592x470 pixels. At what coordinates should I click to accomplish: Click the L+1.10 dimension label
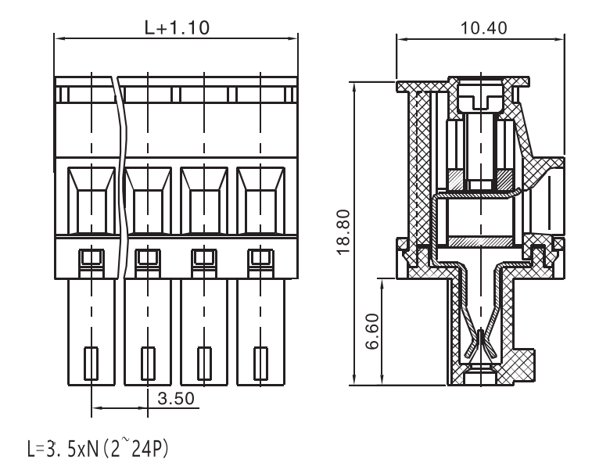pyautogui.click(x=177, y=27)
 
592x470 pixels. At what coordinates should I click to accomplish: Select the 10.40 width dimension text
pyautogui.click(x=483, y=28)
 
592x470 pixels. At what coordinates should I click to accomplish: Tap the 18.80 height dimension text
pyautogui.click(x=344, y=232)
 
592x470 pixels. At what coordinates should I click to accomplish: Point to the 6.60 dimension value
pyautogui.click(x=372, y=332)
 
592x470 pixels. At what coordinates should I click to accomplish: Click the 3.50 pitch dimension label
pyautogui.click(x=176, y=398)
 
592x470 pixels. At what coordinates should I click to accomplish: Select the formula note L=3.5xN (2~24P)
pyautogui.click(x=98, y=448)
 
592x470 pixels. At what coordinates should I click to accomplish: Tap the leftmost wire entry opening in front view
pyautogui.click(x=91, y=200)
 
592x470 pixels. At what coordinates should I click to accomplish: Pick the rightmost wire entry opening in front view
pyautogui.click(x=260, y=200)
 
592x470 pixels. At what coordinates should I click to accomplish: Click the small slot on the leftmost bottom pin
pyautogui.click(x=91, y=363)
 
